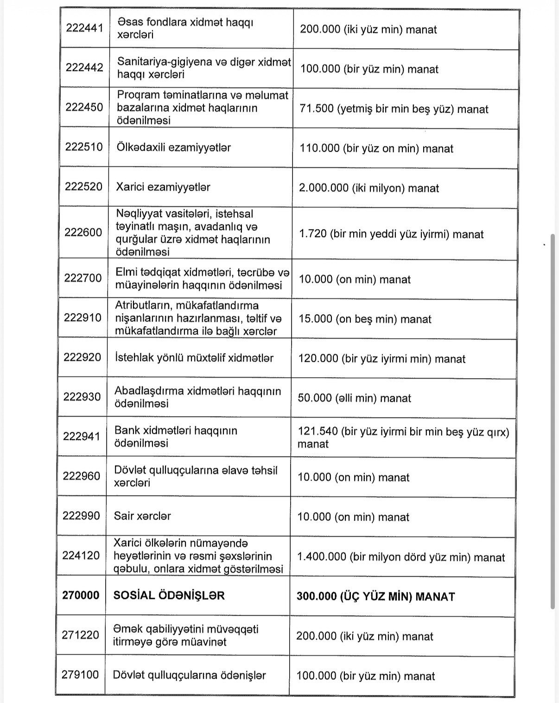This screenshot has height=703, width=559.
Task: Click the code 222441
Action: (x=84, y=28)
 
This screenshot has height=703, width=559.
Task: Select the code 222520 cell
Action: (x=83, y=187)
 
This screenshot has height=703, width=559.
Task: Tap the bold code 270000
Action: (x=81, y=595)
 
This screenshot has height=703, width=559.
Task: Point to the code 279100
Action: (x=80, y=674)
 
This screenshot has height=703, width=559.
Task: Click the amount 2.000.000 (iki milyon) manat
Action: (x=369, y=188)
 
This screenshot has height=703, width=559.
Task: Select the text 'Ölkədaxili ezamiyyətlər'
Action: (x=173, y=148)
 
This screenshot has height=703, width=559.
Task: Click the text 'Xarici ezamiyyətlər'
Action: (x=163, y=187)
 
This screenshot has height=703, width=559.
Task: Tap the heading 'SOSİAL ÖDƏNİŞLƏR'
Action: (x=169, y=595)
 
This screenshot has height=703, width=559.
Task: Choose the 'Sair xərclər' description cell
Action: (x=142, y=516)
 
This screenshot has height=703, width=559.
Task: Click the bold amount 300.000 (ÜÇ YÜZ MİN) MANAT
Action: (x=375, y=596)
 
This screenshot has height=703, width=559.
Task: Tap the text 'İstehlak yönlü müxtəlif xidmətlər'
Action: (x=194, y=358)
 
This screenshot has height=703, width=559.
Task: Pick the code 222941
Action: (x=82, y=436)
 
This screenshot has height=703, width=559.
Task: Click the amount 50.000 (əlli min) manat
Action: (x=354, y=398)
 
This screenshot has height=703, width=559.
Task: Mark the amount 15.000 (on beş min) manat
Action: (x=365, y=319)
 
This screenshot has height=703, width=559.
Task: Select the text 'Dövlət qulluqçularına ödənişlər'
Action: (x=189, y=675)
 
